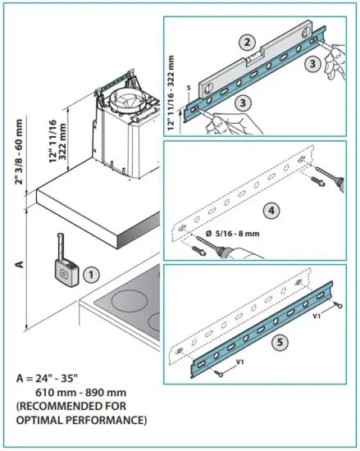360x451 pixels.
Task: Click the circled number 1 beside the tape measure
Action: (x=93, y=274)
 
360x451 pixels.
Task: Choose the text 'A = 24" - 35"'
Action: (x=48, y=380)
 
